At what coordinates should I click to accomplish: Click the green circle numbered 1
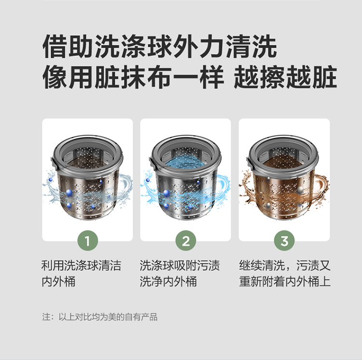click(x=87, y=240)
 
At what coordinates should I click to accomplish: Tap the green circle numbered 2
click(x=186, y=240)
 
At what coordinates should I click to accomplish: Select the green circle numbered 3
click(x=284, y=240)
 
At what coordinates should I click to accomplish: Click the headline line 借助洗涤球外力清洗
click(x=160, y=46)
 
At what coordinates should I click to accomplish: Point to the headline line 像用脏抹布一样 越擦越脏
click(x=189, y=77)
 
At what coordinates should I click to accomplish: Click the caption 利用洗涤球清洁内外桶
click(x=81, y=274)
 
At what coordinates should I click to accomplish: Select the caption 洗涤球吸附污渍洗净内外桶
click(x=180, y=274)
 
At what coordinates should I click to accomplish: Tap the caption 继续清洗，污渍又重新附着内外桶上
click(x=285, y=274)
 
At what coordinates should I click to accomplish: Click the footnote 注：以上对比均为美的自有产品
click(x=100, y=317)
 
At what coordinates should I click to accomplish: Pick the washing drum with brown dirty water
click(x=284, y=178)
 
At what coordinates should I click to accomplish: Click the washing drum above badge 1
click(x=87, y=178)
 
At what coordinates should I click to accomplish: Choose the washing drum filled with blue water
click(x=186, y=178)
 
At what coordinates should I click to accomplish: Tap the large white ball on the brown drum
click(x=300, y=190)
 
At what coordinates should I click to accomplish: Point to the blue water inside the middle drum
click(x=185, y=164)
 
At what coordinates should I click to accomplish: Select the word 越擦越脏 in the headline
click(x=285, y=77)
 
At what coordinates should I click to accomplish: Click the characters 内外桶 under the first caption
click(x=58, y=282)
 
